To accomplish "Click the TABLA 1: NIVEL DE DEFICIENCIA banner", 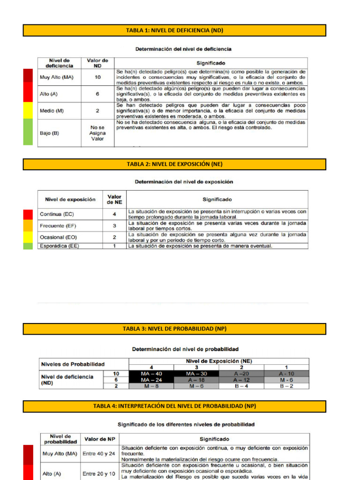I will point(174,30).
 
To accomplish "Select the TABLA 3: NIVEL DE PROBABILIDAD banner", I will point(174,329).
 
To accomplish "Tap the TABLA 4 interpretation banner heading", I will point(174,406).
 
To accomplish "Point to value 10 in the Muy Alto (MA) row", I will point(97,77).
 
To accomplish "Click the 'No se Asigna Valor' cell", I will point(97,133).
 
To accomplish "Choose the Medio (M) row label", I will point(52,111).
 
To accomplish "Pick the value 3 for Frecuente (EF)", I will point(114,225).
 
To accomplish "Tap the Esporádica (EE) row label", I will point(59,246).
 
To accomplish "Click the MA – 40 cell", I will point(151,374).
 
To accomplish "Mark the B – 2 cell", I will point(287,386).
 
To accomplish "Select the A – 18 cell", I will point(196,380).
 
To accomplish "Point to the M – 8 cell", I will point(151,386).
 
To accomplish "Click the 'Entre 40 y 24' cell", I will point(99,454).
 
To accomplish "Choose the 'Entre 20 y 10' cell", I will point(99,474).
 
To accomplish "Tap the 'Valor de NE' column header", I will point(114,199).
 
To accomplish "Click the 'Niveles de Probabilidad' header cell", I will point(73,364).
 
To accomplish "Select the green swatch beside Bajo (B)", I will point(28,132).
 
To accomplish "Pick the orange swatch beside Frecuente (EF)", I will point(28,225).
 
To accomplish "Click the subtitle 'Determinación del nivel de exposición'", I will point(184,182).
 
